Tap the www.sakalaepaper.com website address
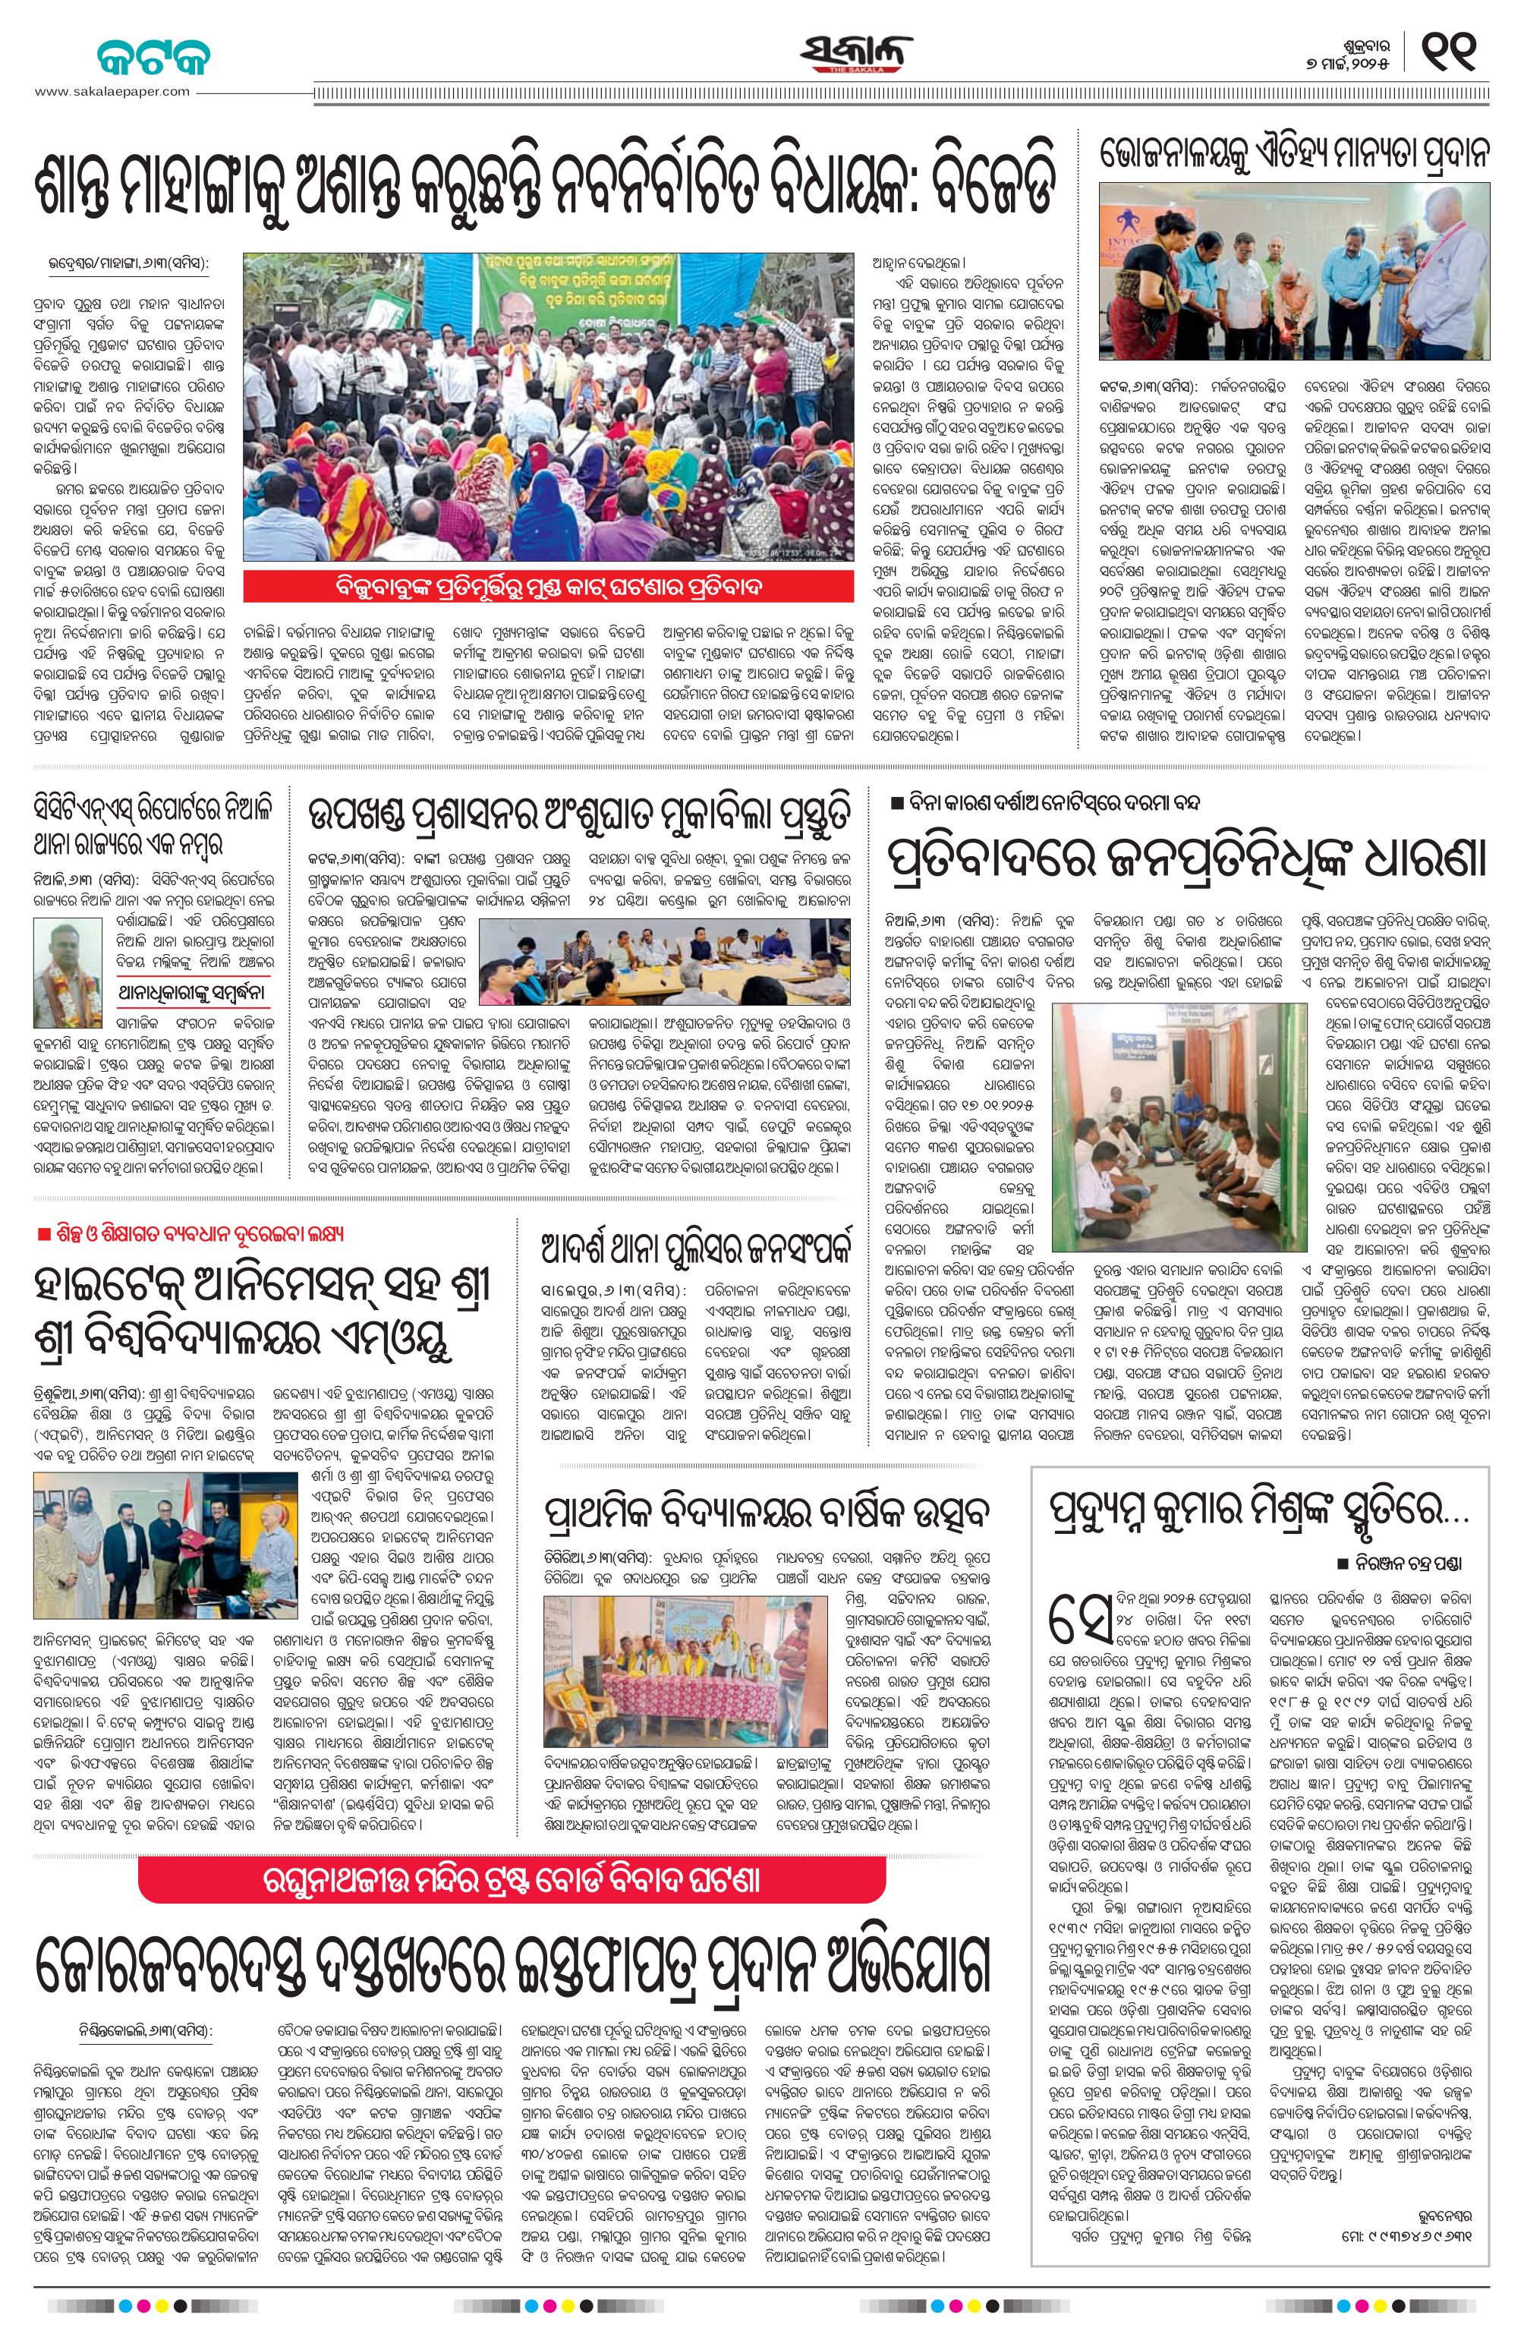pos(113,91)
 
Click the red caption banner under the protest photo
pos(549,587)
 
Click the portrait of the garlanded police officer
pos(63,961)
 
